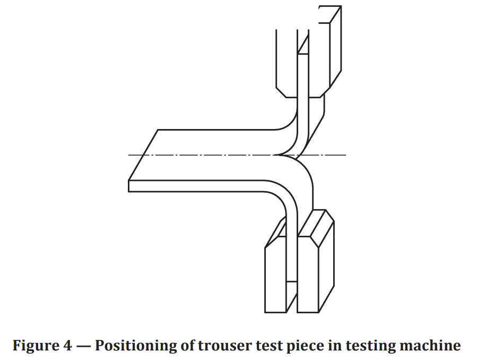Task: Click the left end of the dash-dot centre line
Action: coord(129,155)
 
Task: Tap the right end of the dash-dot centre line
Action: coord(345,155)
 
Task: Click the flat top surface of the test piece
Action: coord(212,154)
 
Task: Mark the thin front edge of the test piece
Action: coord(202,186)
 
